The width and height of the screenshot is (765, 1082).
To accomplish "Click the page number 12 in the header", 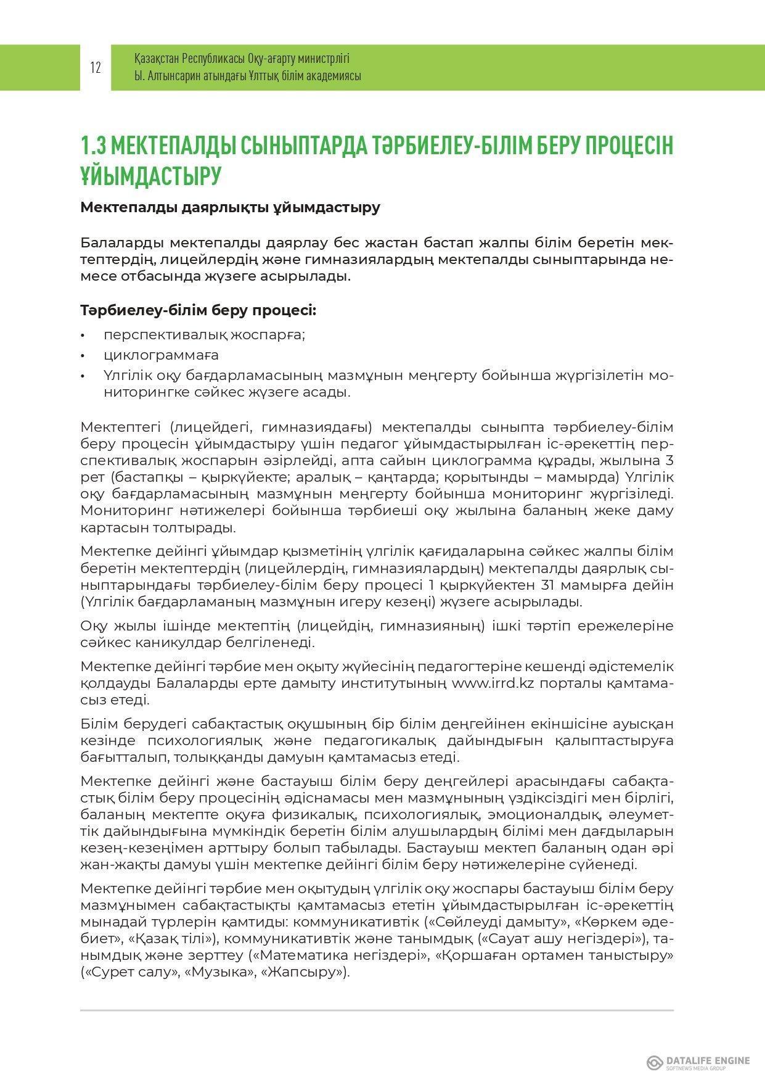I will [96, 68].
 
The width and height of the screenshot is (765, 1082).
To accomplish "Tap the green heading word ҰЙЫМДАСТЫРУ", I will [150, 176].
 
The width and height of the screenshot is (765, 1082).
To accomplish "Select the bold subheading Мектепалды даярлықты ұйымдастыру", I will [230, 207].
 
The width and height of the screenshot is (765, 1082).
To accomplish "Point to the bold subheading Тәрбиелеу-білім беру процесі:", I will [198, 310].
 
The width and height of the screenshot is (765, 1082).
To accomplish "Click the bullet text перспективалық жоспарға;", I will [205, 335].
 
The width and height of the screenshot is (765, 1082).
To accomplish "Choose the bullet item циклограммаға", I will [161, 355].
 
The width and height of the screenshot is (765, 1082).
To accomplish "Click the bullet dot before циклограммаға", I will [83, 356].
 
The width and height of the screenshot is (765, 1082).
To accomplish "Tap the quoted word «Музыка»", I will [214, 973].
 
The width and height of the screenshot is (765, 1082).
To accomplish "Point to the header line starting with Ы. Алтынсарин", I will [247, 76].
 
